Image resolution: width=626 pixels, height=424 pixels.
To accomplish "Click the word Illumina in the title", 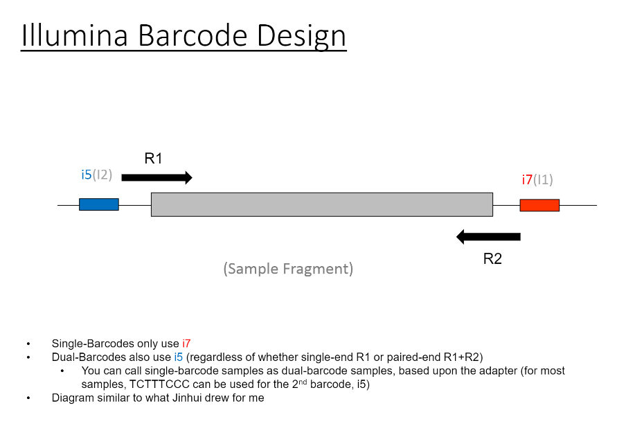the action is (75, 36).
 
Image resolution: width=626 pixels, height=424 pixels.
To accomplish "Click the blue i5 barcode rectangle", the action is (98, 204).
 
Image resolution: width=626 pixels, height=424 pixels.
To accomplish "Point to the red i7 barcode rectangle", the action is (539, 205).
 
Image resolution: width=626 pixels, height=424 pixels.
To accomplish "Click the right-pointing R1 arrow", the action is (156, 178).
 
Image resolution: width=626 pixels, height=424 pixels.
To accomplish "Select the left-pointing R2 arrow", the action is (488, 237).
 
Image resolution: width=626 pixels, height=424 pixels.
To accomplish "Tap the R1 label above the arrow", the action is (153, 159).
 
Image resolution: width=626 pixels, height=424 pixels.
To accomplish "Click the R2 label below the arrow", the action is (492, 259).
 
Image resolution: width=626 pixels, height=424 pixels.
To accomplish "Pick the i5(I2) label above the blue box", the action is (96, 175).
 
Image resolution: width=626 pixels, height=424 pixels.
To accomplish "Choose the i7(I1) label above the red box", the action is (537, 180).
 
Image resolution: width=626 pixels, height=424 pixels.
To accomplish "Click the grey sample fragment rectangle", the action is (321, 204).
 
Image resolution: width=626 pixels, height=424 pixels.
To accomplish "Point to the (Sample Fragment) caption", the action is (288, 269).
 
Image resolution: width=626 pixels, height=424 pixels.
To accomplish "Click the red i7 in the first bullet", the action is (186, 344).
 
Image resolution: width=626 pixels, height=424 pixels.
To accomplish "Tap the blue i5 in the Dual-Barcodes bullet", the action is (179, 357).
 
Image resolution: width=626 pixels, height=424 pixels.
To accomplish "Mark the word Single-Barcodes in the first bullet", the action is (91, 344).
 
